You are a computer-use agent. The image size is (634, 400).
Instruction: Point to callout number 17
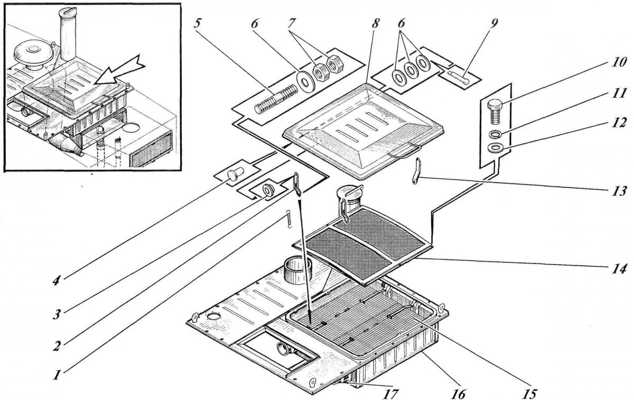click(391, 393)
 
